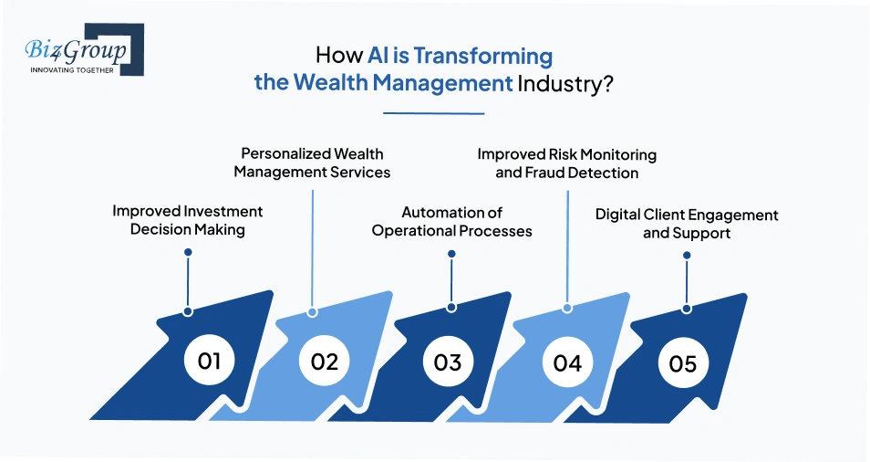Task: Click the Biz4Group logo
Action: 79,50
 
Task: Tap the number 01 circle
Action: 209,361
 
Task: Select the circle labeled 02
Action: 324,361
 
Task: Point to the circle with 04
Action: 566,362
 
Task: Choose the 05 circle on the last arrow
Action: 682,362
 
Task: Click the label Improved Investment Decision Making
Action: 188,220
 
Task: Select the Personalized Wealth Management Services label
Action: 312,163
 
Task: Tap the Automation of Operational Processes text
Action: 451,222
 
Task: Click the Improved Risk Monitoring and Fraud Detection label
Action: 566,163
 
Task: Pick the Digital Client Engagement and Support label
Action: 687,224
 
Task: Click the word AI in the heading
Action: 378,57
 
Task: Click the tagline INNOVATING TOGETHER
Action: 72,69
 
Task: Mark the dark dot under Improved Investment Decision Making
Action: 188,252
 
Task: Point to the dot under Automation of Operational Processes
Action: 451,254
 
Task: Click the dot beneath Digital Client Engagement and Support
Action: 685,255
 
